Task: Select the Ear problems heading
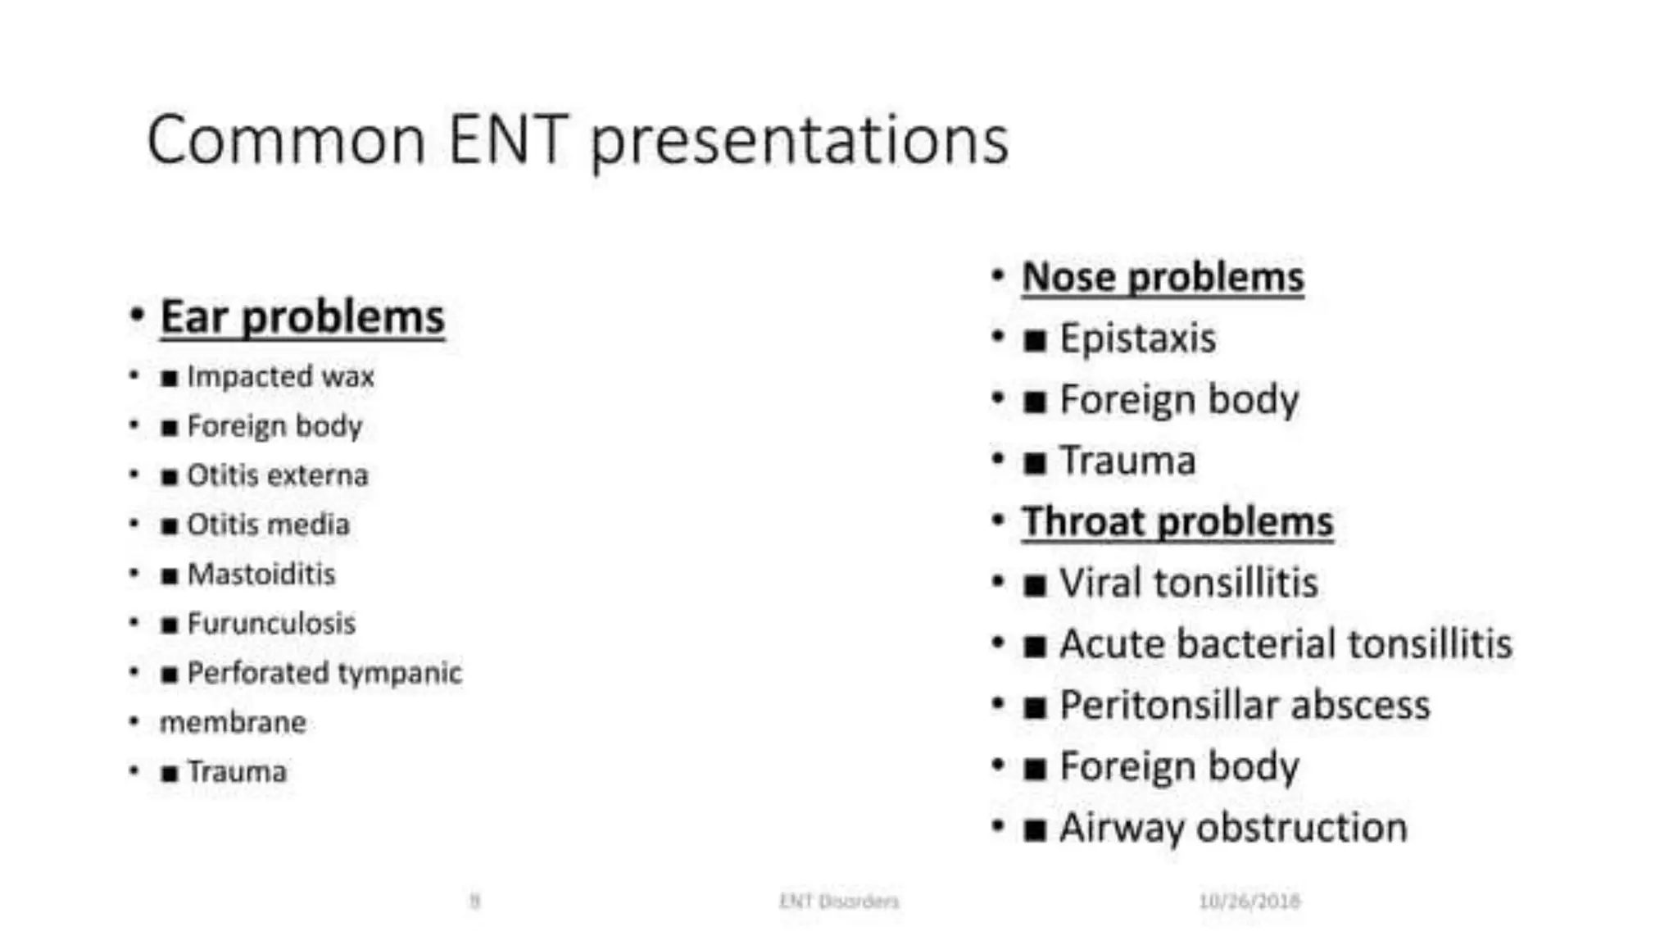click(x=302, y=317)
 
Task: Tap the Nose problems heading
click(x=1162, y=277)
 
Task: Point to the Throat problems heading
click(x=1177, y=521)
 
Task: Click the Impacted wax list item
click(x=279, y=376)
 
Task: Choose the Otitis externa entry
click(x=277, y=475)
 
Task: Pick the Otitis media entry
click(x=268, y=525)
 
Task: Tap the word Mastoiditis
click(x=261, y=574)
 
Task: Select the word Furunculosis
click(x=271, y=624)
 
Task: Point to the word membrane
click(x=233, y=723)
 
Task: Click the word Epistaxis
click(x=1137, y=338)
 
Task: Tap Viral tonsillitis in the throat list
click(x=1188, y=583)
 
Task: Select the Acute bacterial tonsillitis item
click(x=1285, y=644)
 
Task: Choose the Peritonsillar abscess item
click(x=1244, y=706)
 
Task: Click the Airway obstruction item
click(x=1232, y=828)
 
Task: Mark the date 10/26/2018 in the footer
click(x=1249, y=902)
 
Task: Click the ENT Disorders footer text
click(x=838, y=902)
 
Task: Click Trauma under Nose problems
click(x=1127, y=461)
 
